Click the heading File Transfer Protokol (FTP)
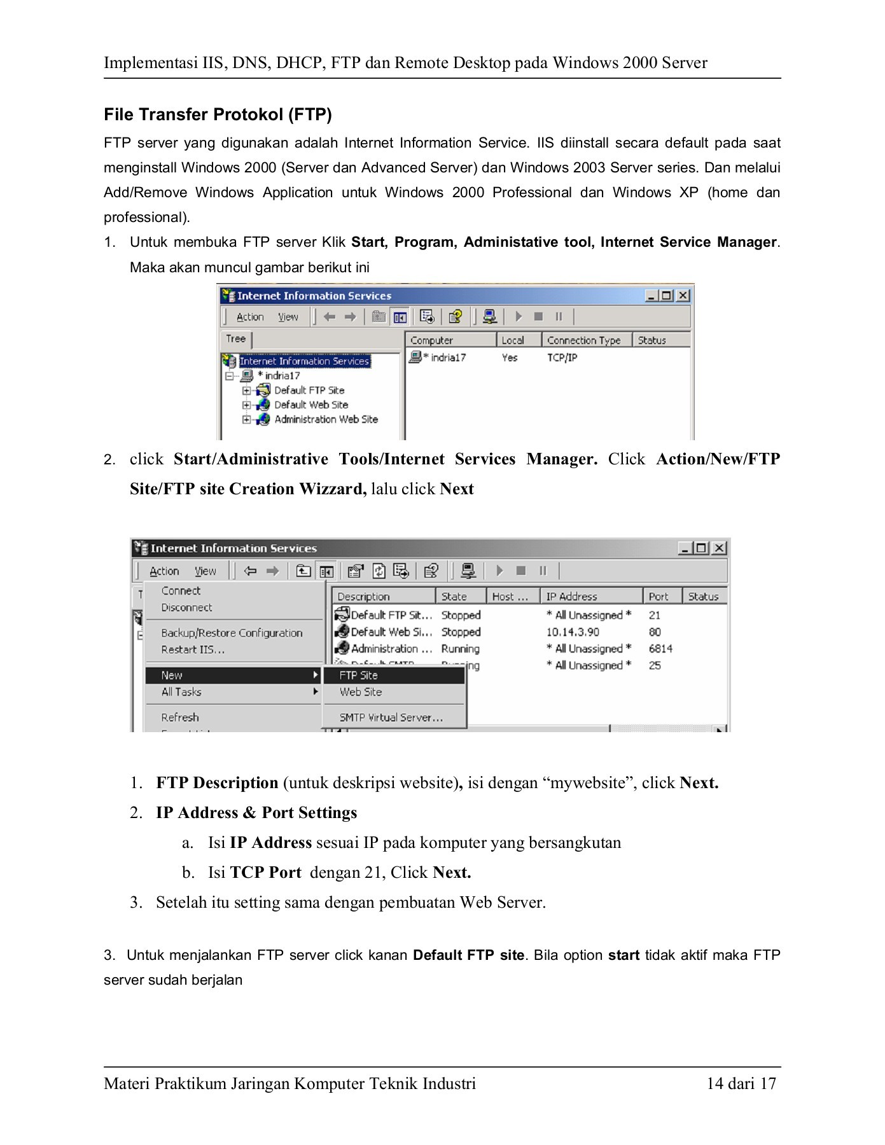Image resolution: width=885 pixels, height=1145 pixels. (x=218, y=114)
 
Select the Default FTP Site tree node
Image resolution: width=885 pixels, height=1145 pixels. (x=309, y=391)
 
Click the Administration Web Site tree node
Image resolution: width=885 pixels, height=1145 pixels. (x=326, y=420)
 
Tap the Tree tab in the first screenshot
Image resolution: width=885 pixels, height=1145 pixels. (x=236, y=339)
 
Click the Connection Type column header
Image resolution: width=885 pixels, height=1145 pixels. (x=583, y=340)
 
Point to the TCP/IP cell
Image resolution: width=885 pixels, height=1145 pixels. (x=562, y=358)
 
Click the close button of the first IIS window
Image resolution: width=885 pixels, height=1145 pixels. (x=683, y=296)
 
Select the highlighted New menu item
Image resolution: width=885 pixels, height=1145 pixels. (x=172, y=676)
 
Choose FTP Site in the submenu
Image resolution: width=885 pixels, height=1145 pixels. (x=358, y=676)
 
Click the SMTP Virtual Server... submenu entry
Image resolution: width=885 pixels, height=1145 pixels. (x=391, y=718)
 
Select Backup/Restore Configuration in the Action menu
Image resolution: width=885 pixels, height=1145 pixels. (x=232, y=633)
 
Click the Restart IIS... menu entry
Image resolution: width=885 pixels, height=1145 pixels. (x=193, y=650)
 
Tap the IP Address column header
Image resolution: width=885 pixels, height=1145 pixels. (x=571, y=597)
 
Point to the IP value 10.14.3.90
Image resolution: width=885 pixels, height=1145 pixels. (x=573, y=632)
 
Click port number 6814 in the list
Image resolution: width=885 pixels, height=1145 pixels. (x=660, y=649)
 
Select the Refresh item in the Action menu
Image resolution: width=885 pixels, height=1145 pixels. (x=180, y=718)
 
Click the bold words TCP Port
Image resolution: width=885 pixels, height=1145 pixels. (x=265, y=873)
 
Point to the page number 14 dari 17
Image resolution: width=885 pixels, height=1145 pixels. (x=741, y=1084)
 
